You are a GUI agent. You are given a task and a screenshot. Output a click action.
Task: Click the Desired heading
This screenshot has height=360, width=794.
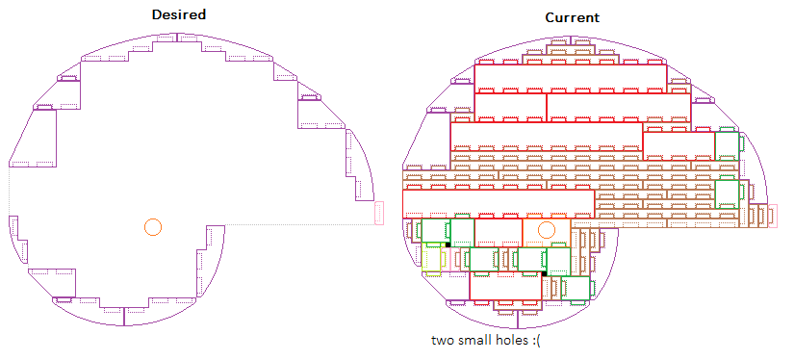(179, 14)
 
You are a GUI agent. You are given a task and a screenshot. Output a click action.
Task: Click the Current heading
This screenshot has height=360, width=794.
(573, 17)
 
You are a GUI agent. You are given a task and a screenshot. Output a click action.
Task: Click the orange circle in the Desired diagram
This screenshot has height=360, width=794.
(152, 227)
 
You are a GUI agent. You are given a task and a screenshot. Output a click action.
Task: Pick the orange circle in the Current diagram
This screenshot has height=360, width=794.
(546, 230)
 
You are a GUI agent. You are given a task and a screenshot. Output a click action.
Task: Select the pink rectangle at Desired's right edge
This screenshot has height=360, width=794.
(379, 213)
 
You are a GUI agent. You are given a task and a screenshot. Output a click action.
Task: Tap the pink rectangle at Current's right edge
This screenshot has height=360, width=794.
(773, 216)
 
